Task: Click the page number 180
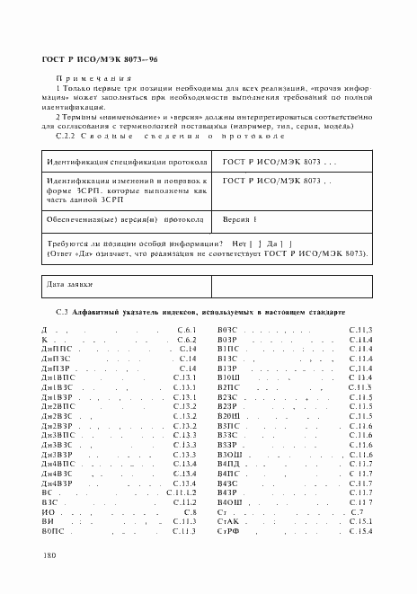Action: [48, 555]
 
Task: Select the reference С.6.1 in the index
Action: [186, 331]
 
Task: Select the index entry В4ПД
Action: [230, 462]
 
